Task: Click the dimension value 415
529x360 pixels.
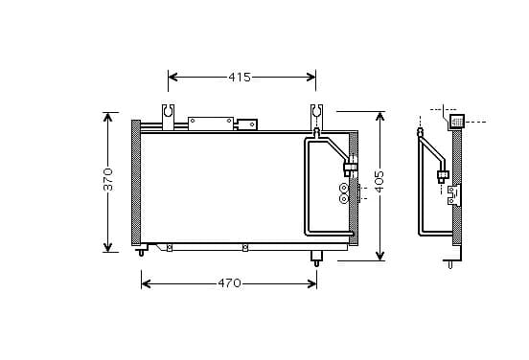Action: pyautogui.click(x=240, y=78)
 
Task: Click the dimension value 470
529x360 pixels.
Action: pyautogui.click(x=229, y=283)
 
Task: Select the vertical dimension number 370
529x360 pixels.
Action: pyautogui.click(x=108, y=179)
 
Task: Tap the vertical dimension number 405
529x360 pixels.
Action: pyautogui.click(x=379, y=182)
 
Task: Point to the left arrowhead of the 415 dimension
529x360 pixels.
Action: pyautogui.click(x=172, y=78)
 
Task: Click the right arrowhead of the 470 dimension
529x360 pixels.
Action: pyautogui.click(x=311, y=283)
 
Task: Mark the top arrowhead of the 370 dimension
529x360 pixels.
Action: pyautogui.click(x=107, y=118)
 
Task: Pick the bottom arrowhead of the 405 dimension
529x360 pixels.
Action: pyautogui.click(x=380, y=256)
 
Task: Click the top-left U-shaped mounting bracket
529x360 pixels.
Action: pyautogui.click(x=168, y=117)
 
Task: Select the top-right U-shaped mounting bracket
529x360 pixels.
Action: pyautogui.click(x=316, y=116)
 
